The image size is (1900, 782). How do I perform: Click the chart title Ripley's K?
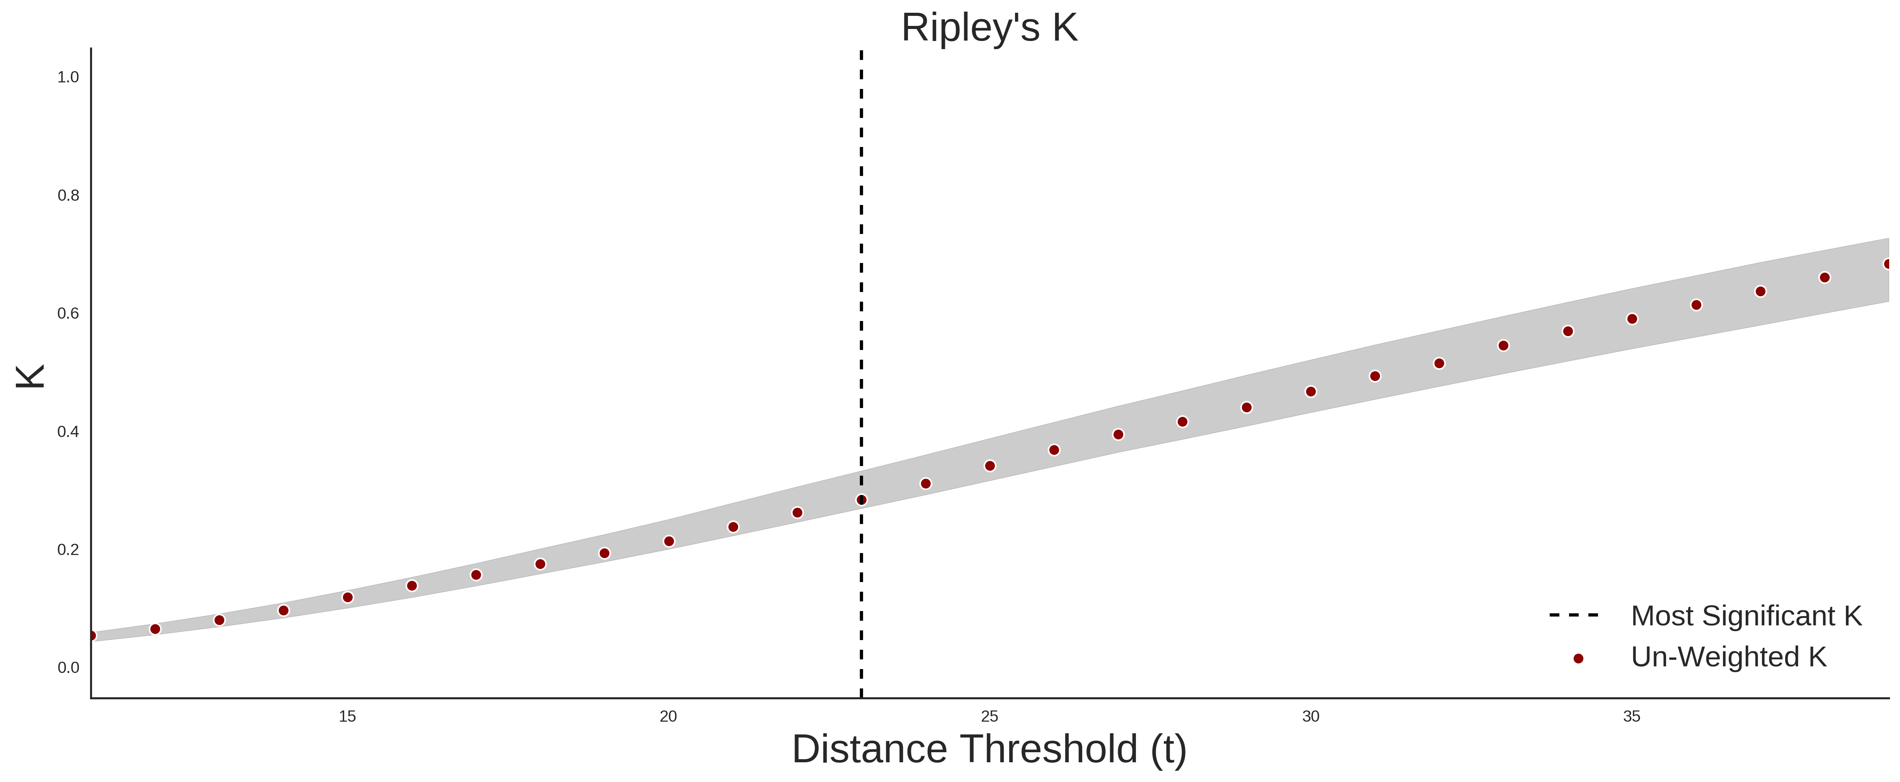click(989, 28)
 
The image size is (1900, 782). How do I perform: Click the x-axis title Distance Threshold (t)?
click(989, 750)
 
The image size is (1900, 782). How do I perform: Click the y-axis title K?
click(30, 376)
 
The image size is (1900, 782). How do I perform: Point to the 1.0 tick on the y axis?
click(68, 77)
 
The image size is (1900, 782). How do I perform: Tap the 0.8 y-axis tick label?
click(68, 196)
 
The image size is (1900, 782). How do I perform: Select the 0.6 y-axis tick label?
click(68, 314)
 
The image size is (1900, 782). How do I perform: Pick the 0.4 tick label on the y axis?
click(68, 432)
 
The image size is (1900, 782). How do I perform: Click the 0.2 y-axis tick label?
click(68, 550)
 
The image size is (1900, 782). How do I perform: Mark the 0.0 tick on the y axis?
click(68, 668)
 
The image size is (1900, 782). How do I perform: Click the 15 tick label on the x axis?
click(347, 716)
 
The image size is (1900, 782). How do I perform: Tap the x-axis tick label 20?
click(668, 716)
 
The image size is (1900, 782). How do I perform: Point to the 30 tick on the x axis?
click(1311, 716)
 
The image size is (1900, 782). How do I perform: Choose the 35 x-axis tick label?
click(1632, 716)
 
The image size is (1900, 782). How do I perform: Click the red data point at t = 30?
click(1311, 392)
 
